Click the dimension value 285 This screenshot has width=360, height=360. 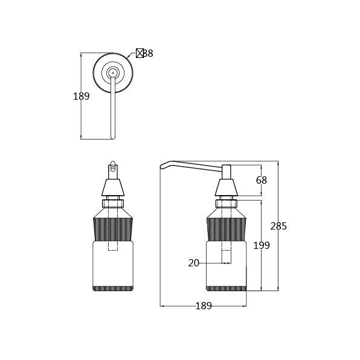[x=278, y=226]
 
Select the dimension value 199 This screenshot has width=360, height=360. [x=262, y=245]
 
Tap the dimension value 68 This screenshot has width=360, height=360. [x=262, y=180]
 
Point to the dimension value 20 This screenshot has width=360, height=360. [x=193, y=263]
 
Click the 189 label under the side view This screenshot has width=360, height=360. [x=204, y=306]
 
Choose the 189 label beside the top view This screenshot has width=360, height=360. [x=82, y=96]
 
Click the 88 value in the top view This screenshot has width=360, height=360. [x=148, y=53]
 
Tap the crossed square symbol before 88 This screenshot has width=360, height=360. [x=140, y=53]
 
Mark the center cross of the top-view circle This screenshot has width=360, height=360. [x=113, y=72]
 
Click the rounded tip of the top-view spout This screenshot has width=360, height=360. [x=112, y=138]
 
